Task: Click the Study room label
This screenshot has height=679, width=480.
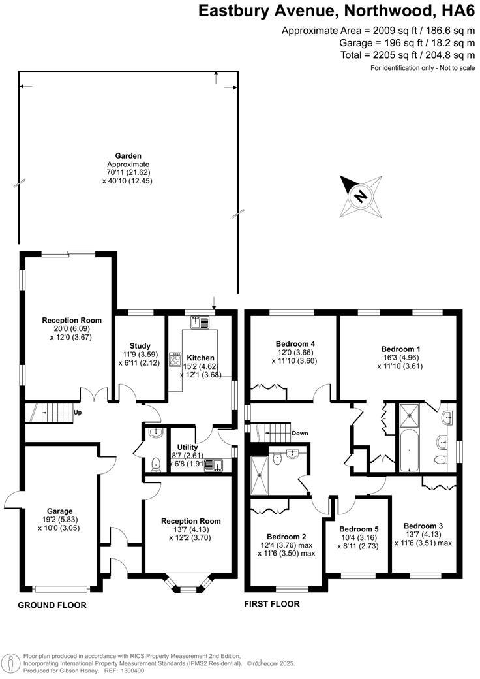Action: tap(140, 346)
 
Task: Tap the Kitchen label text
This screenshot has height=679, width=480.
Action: tap(200, 358)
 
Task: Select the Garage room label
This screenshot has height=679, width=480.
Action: tap(59, 511)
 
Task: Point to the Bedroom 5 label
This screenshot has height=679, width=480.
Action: tap(359, 529)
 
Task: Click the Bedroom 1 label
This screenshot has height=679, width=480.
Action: tap(400, 349)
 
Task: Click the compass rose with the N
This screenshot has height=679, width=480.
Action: tap(360, 196)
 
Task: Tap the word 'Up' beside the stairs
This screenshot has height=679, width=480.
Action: tap(78, 413)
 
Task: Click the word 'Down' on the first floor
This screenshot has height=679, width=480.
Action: tap(301, 433)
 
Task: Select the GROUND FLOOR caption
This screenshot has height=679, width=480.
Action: tap(52, 605)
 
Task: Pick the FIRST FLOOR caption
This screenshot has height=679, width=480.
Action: tap(272, 604)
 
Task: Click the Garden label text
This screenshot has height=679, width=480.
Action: tap(128, 156)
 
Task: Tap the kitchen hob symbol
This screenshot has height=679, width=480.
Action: tap(175, 358)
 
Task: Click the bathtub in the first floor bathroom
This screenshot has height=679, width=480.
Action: tap(410, 450)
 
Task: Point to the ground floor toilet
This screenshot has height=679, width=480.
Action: tap(155, 464)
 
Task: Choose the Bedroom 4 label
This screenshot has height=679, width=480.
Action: tap(295, 344)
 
